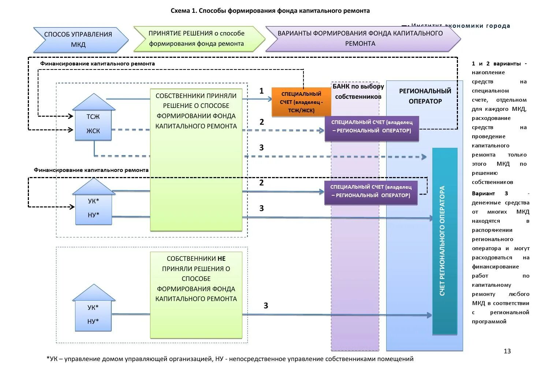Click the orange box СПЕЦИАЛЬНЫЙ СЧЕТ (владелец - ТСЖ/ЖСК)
(x=301, y=102)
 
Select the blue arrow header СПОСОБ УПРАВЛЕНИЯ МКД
(x=78, y=40)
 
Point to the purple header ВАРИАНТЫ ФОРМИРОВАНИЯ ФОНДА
(x=360, y=38)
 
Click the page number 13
(x=507, y=351)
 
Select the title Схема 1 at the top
(x=270, y=11)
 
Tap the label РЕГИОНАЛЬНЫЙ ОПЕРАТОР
(x=425, y=96)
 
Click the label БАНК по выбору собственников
(x=358, y=91)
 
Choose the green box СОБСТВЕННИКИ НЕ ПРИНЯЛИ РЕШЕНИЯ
(x=196, y=294)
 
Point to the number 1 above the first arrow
(x=261, y=91)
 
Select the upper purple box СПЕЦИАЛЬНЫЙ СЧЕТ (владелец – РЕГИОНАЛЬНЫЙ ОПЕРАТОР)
(x=372, y=127)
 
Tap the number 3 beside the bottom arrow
(x=266, y=305)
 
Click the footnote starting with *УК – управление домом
(x=230, y=359)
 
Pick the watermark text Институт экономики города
(x=460, y=26)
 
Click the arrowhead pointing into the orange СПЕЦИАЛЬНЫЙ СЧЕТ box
(x=270, y=99)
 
